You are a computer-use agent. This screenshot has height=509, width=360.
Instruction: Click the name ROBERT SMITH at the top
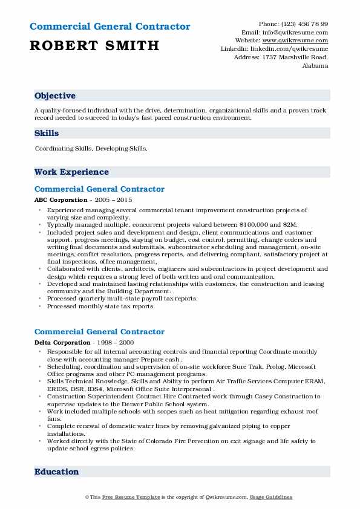click(94, 45)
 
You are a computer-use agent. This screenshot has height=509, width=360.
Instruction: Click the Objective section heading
click(55, 96)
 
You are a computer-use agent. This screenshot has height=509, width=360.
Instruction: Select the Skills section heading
click(47, 133)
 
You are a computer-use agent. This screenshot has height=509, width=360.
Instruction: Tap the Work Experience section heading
click(71, 172)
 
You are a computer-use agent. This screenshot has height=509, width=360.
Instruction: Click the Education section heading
click(56, 472)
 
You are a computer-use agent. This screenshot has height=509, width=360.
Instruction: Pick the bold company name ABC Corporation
click(61, 200)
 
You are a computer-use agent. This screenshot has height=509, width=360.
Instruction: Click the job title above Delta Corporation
click(99, 332)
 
